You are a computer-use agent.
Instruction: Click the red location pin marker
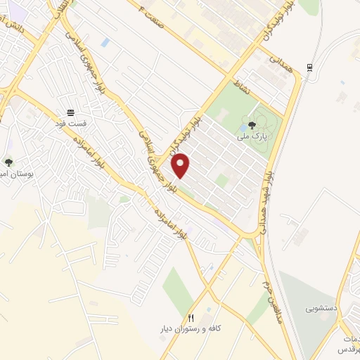tap(181, 165)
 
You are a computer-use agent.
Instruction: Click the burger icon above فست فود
tap(70, 112)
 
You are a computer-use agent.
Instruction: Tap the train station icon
tap(309, 67)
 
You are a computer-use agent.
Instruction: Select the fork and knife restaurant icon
tap(191, 319)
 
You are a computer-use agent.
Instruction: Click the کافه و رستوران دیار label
tap(191, 329)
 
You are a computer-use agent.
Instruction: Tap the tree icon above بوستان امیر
tap(8, 162)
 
